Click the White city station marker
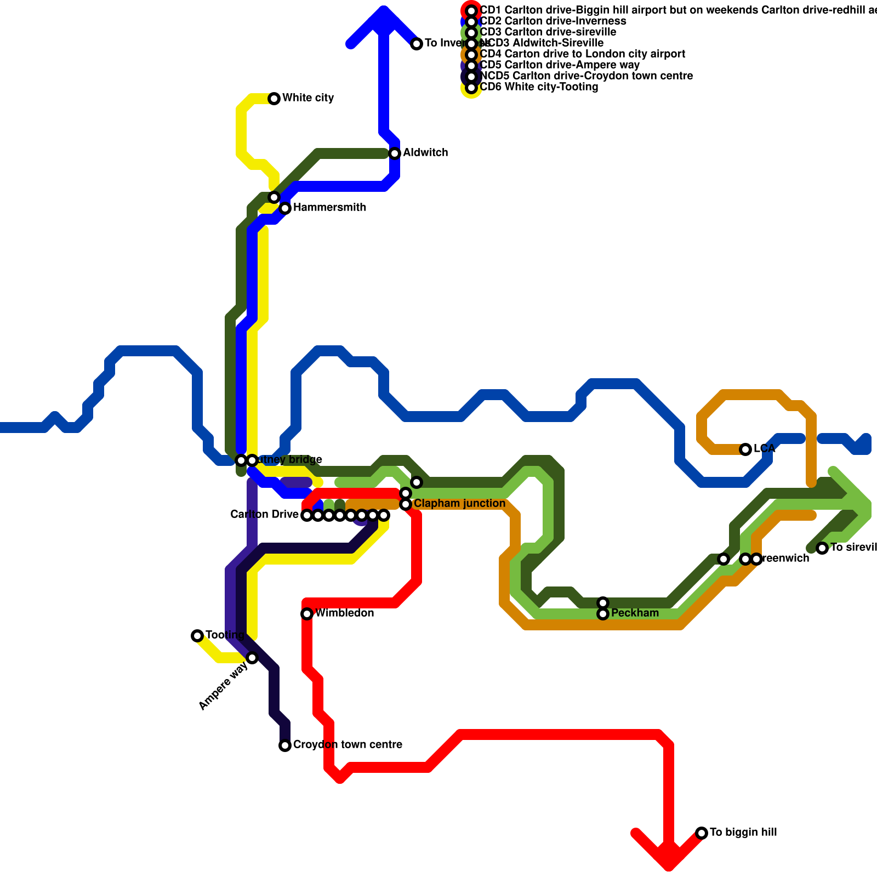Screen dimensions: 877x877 tap(274, 99)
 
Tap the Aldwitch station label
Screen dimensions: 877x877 tap(425, 153)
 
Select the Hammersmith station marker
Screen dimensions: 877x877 tap(285, 208)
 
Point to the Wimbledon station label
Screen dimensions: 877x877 tap(345, 613)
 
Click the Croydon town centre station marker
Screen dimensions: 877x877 tap(285, 745)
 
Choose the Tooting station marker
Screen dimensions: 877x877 tap(197, 636)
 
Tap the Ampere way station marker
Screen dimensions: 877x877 tap(252, 658)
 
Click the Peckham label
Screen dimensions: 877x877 tap(635, 613)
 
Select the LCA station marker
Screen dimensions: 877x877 tap(745, 449)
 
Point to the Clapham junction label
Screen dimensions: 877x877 tap(459, 504)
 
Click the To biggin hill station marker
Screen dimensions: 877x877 tap(702, 833)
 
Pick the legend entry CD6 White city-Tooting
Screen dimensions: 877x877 tap(539, 87)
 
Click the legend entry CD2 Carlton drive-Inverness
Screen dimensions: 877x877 tap(553, 21)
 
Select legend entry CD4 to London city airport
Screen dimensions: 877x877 tap(582, 54)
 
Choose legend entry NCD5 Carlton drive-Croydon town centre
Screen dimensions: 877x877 tap(586, 76)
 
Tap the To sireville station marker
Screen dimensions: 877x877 tap(822, 548)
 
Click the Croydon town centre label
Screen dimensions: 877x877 tap(348, 745)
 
